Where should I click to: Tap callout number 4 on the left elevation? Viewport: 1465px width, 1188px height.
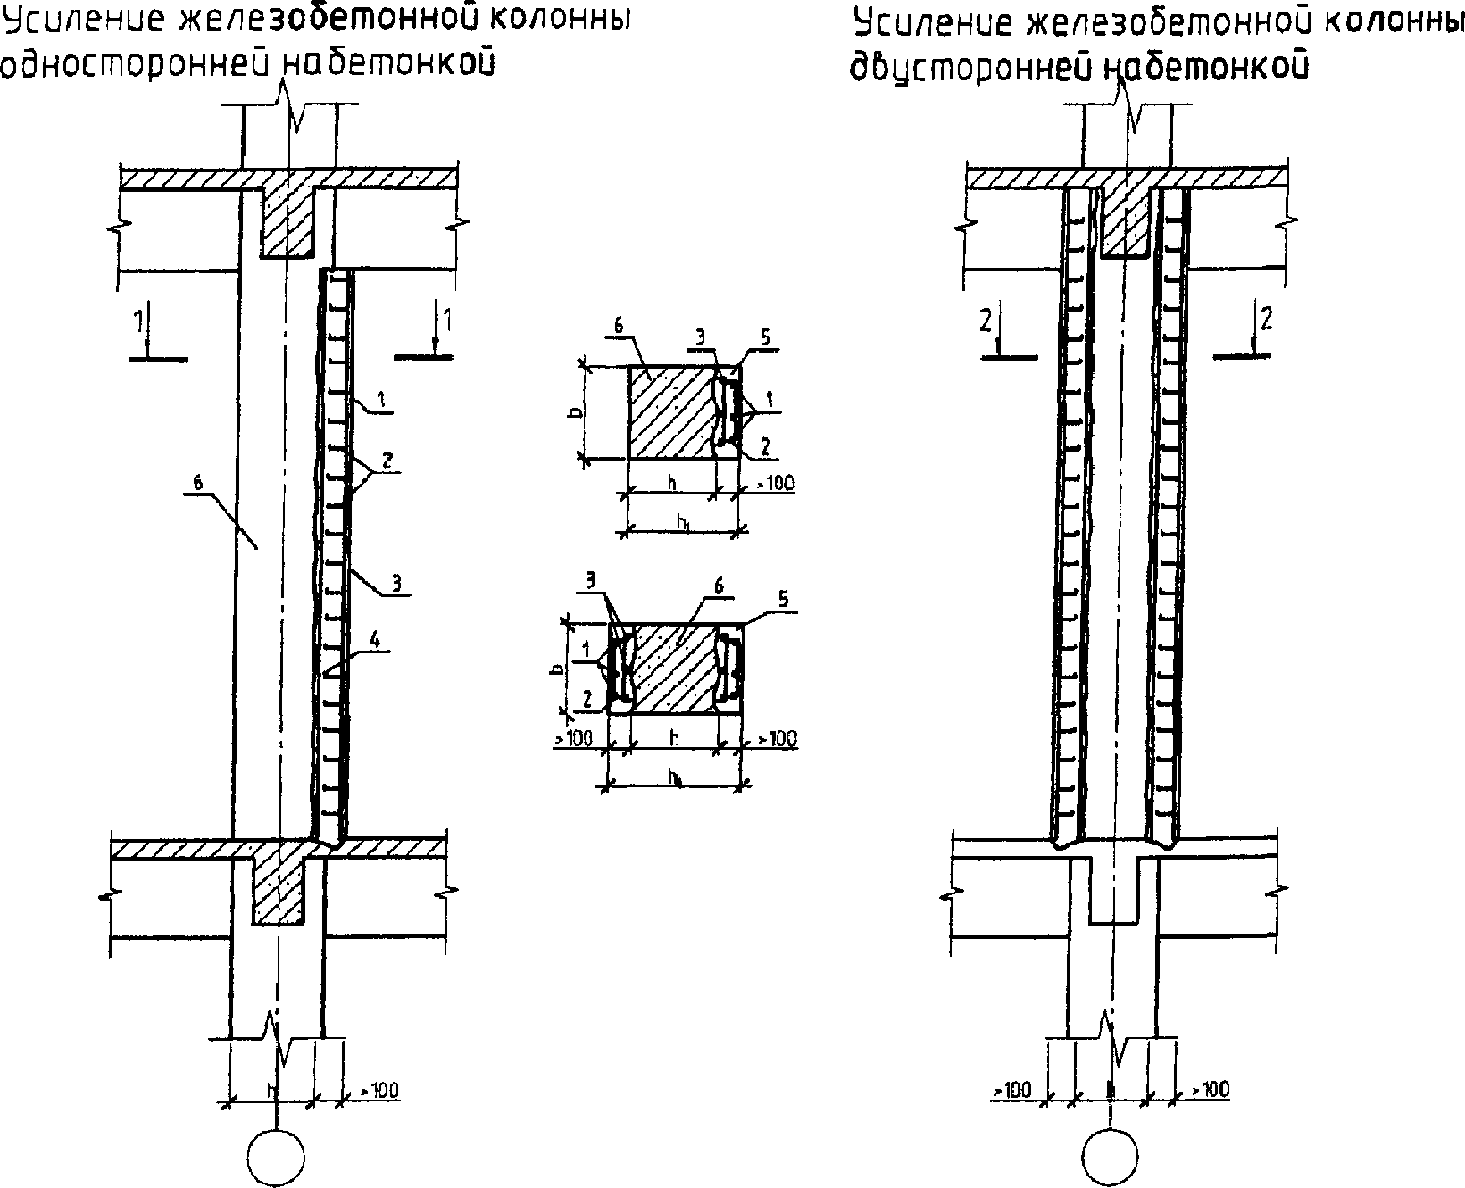pyautogui.click(x=376, y=639)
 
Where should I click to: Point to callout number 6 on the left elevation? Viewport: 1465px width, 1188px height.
pyautogui.click(x=198, y=483)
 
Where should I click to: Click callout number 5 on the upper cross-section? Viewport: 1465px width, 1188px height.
pyautogui.click(x=765, y=337)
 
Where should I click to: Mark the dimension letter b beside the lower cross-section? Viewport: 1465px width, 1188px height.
pyautogui.click(x=557, y=668)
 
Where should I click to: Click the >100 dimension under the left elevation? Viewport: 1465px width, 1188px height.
pyautogui.click(x=379, y=1090)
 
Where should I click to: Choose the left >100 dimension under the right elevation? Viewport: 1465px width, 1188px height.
pyautogui.click(x=1011, y=1090)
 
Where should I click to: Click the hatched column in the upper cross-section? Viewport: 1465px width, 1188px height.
pyautogui.click(x=671, y=412)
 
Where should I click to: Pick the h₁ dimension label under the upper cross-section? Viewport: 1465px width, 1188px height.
pyautogui.click(x=683, y=524)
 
